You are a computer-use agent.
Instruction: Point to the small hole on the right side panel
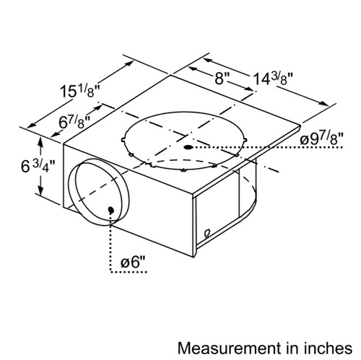pyautogui.click(x=206, y=233)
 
